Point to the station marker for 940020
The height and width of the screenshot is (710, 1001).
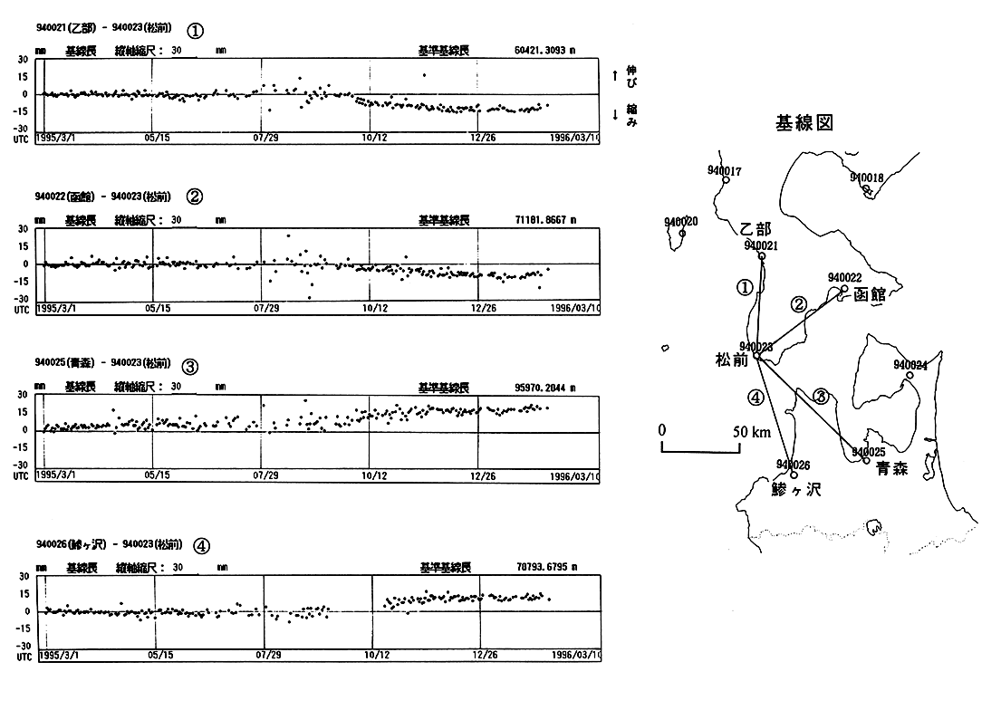pyautogui.click(x=682, y=234)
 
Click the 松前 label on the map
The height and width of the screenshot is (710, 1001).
pyautogui.click(x=732, y=360)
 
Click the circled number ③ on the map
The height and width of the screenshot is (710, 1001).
pyautogui.click(x=820, y=395)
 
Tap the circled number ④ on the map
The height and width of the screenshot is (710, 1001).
pyautogui.click(x=756, y=397)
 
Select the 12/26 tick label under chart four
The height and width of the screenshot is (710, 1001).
pyautogui.click(x=483, y=653)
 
